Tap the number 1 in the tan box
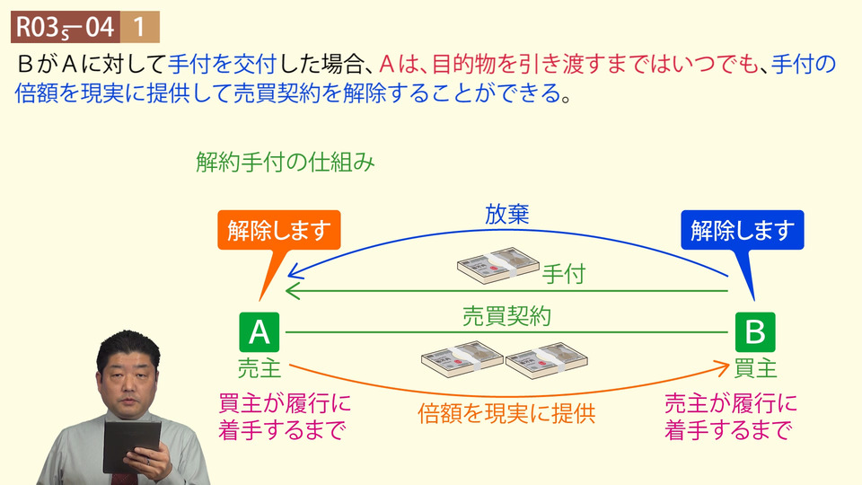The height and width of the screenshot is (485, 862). pyautogui.click(x=140, y=27)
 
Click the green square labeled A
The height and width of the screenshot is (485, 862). pyautogui.click(x=259, y=331)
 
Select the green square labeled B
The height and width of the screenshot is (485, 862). pyautogui.click(x=754, y=331)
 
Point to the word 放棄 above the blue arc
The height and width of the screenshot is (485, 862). pyautogui.click(x=507, y=215)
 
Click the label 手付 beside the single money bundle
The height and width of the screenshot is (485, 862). pyautogui.click(x=563, y=273)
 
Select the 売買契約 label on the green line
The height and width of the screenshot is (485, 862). pyautogui.click(x=506, y=316)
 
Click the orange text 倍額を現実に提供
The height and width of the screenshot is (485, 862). pyautogui.click(x=506, y=414)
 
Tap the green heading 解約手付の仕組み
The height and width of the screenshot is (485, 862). pyautogui.click(x=285, y=163)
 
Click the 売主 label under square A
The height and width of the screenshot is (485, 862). pyautogui.click(x=259, y=367)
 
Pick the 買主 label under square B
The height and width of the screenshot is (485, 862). pyautogui.click(x=755, y=367)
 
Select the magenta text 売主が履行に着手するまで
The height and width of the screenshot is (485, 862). pyautogui.click(x=729, y=416)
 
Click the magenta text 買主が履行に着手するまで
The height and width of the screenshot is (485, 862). pyautogui.click(x=284, y=416)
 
